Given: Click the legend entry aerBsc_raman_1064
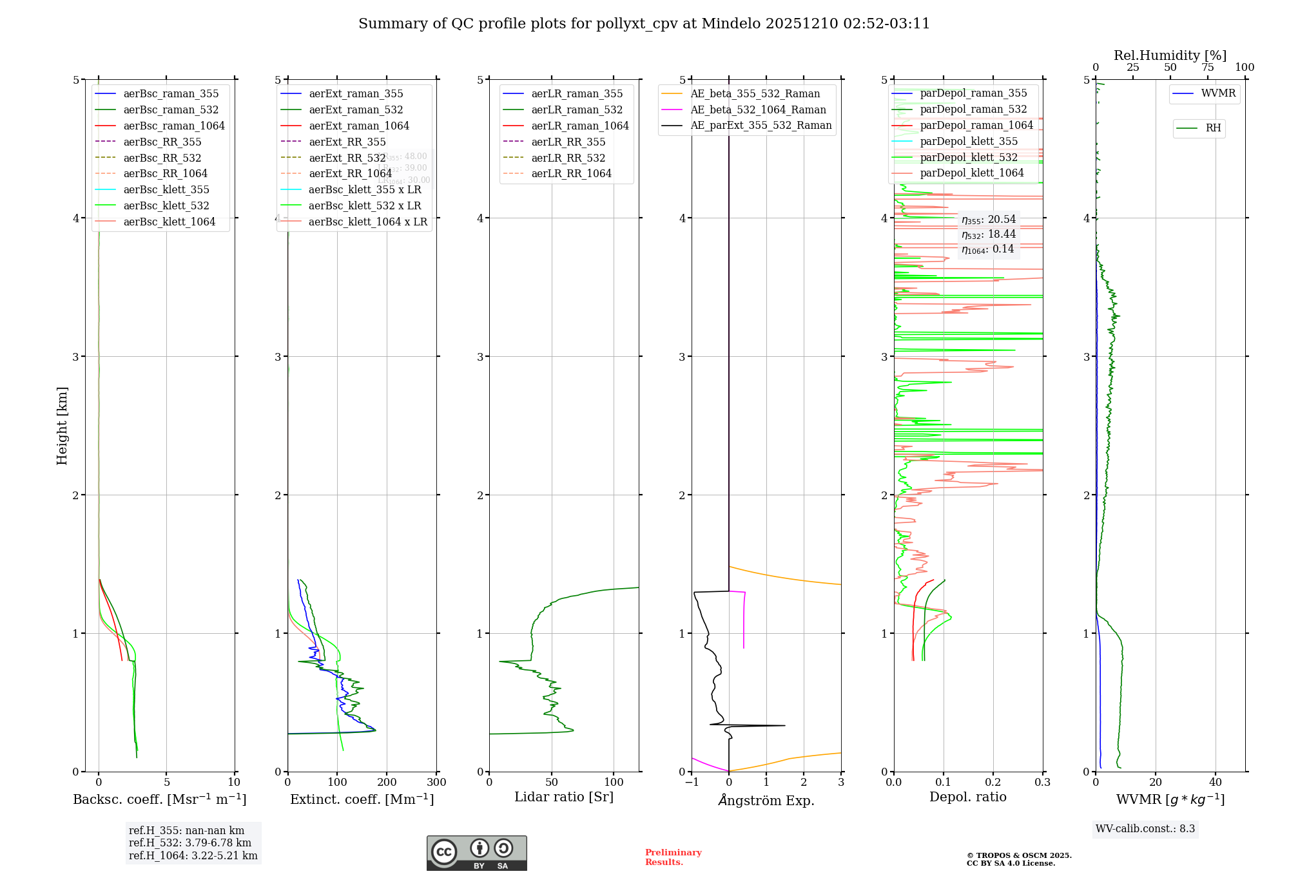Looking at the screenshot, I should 174,126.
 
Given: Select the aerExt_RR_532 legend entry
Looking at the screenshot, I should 347,158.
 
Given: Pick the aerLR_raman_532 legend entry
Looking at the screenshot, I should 577,110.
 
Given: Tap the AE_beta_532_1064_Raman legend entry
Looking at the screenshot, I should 758,110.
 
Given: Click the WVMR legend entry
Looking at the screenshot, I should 1218,93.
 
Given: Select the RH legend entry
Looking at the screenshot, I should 1213,128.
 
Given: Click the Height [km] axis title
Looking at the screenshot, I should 62,426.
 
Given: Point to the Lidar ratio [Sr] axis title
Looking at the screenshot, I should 564,797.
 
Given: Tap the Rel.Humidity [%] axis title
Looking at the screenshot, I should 1170,55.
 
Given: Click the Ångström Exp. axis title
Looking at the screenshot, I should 766,800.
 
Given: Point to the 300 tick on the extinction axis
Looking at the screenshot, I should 437,783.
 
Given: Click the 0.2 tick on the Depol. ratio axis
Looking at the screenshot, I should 993,783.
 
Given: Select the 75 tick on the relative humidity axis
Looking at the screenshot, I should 1208,68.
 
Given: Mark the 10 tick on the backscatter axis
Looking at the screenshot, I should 234,783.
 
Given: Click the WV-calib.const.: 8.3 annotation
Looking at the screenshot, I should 1145,829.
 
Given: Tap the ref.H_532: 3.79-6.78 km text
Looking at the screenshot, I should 190,843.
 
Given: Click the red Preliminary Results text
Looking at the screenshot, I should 673,857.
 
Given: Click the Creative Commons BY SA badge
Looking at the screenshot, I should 476,853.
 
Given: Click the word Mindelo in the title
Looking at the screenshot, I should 731,24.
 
